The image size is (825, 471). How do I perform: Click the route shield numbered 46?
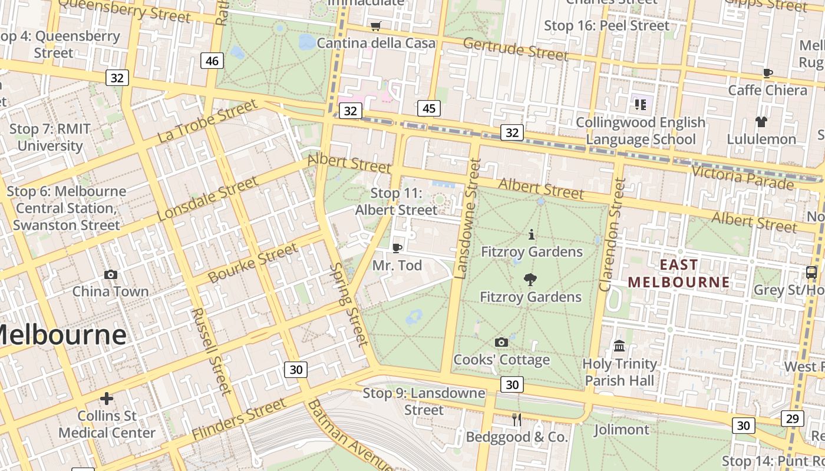212,61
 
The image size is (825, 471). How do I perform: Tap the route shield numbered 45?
428,108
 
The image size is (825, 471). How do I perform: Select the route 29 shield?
793,419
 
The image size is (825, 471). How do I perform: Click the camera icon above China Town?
110,274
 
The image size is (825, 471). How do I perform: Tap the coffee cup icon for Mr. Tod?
397,248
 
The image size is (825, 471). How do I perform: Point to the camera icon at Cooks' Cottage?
501,342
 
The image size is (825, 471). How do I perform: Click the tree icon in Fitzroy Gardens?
530,279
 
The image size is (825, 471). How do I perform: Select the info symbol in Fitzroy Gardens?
532,234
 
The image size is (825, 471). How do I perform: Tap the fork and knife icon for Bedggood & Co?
517,419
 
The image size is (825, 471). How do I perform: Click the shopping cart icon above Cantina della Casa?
375,26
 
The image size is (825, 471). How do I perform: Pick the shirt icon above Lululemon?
761,122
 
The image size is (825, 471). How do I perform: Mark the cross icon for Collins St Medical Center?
107,399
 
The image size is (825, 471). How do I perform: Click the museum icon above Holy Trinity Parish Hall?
619,346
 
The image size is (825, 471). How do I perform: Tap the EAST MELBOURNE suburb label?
679,273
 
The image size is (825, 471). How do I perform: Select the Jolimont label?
621,430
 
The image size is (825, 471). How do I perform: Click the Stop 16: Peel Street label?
606,26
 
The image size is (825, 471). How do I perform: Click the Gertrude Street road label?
516,49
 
